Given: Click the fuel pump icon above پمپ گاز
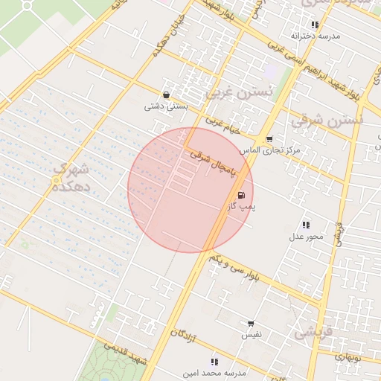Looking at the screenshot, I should coord(240,196).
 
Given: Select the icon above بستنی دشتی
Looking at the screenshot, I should coord(165,95).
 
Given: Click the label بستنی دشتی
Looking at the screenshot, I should coord(165,106).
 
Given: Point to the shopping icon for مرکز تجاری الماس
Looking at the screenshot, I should coord(269,139).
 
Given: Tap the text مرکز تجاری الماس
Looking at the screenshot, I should coord(275,150).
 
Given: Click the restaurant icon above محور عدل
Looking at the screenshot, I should coord(306,225).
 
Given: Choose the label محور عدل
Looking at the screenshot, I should coord(306,237).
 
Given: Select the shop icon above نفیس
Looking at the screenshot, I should coord(250,324).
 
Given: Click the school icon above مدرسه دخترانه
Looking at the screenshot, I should coord(315,25).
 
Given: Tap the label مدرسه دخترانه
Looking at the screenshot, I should coord(315,36).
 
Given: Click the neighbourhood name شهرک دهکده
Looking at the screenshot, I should coord(71,178).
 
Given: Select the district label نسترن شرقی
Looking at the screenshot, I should coord(327,118).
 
